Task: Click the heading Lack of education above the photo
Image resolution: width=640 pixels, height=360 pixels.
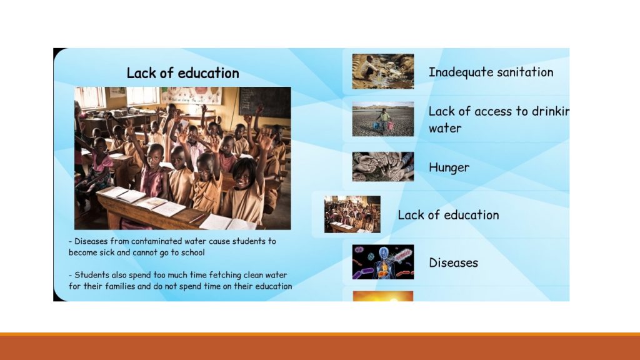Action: click(183, 73)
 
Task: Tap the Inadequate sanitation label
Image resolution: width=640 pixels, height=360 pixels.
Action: click(491, 72)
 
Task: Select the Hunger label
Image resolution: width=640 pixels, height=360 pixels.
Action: click(449, 167)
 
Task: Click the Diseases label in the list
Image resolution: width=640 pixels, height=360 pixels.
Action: click(454, 262)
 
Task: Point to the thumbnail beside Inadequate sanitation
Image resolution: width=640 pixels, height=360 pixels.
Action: click(383, 71)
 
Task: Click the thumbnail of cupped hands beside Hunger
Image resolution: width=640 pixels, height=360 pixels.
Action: click(383, 166)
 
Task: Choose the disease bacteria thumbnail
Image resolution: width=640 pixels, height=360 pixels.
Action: click(383, 262)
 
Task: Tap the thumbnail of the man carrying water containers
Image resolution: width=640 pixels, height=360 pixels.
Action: click(383, 119)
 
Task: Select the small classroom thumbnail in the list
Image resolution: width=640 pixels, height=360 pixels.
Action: click(352, 214)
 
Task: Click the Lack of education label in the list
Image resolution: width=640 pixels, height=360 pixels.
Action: click(448, 215)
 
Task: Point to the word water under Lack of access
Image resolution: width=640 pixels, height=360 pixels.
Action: click(445, 128)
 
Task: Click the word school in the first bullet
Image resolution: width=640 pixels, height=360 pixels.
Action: click(193, 252)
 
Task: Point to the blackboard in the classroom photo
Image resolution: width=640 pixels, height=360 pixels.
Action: click(264, 102)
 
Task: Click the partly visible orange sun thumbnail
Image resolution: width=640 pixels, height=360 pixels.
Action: click(383, 296)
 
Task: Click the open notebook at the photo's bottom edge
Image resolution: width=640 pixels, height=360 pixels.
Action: click(227, 223)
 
